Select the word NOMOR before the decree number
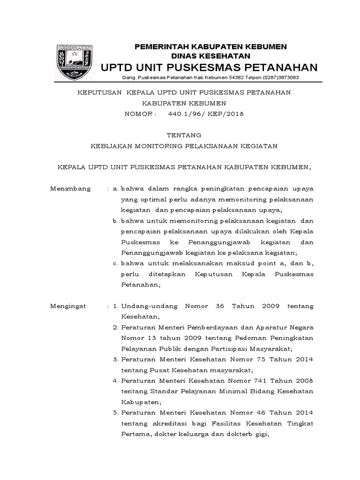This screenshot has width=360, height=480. pos(137,113)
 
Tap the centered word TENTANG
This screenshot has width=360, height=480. pos(184,135)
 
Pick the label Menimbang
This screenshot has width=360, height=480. pos(70,188)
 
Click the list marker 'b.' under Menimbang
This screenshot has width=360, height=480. pos(115,221)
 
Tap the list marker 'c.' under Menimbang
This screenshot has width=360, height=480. pos(115,263)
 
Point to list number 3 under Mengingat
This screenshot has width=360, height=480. pos(115,360)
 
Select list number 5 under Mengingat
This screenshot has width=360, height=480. pos(115,413)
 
